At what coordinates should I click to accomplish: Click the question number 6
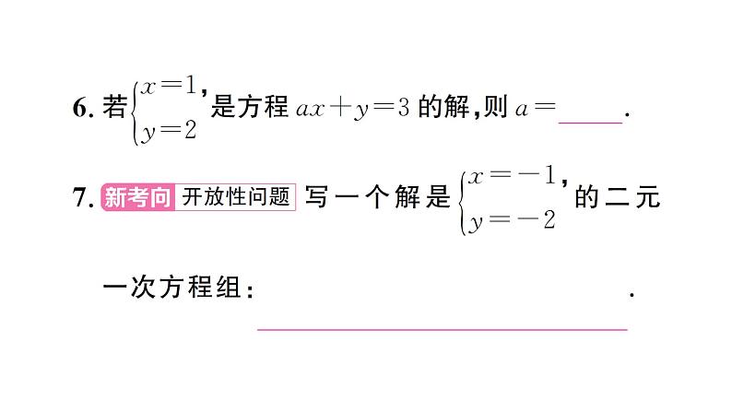click(78, 109)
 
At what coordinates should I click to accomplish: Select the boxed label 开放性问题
click(236, 197)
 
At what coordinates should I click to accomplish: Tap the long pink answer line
click(442, 326)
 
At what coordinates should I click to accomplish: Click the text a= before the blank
click(536, 109)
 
